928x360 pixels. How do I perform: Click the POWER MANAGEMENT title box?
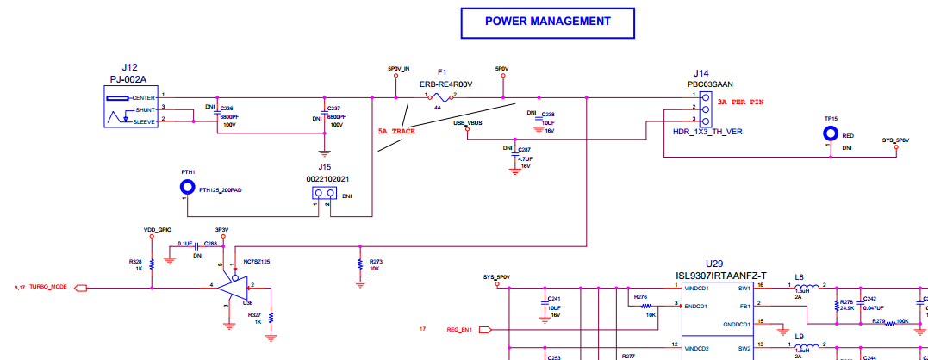(x=548, y=22)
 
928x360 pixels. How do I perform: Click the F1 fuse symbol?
(x=438, y=97)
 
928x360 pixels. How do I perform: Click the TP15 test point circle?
(x=831, y=133)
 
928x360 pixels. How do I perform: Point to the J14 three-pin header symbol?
(x=705, y=109)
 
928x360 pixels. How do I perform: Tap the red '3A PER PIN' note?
(x=739, y=102)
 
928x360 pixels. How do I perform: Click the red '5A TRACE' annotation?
(x=396, y=131)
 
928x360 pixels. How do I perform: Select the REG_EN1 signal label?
(x=459, y=329)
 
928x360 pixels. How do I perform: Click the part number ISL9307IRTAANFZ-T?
(x=720, y=276)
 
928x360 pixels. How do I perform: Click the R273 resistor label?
(x=375, y=261)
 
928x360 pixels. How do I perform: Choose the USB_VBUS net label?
(x=467, y=123)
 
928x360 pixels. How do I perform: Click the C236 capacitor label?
(x=227, y=108)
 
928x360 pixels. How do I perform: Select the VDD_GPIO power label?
(x=158, y=230)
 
